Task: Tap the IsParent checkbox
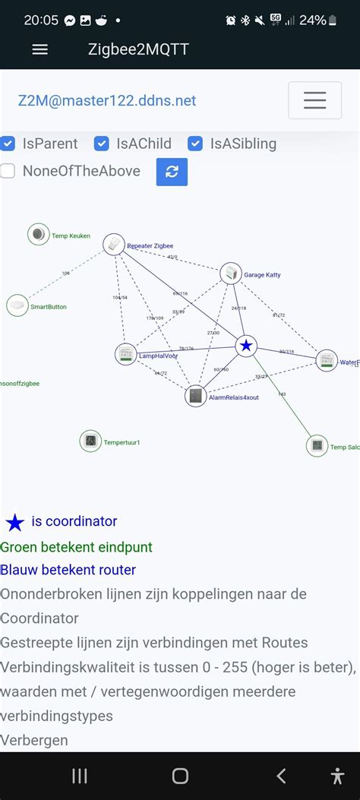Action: (x=8, y=144)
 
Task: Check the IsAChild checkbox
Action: (x=102, y=144)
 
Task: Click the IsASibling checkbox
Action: (x=195, y=144)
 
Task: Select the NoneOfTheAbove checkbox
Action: (x=8, y=171)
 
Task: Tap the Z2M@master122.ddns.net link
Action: (x=107, y=100)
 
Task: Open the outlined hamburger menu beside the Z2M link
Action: (x=314, y=100)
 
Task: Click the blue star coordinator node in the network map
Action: (x=246, y=346)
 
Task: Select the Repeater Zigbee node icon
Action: (x=114, y=244)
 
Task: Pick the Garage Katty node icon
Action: (x=231, y=274)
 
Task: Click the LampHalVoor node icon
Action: (x=125, y=354)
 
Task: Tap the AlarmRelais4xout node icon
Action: (x=196, y=396)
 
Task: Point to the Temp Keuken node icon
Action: (x=38, y=235)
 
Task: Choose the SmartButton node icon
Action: (x=17, y=305)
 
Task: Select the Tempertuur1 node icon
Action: (x=90, y=441)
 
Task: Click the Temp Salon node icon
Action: (x=317, y=446)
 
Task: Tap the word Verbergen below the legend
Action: (x=34, y=740)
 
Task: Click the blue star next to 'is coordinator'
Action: (x=15, y=523)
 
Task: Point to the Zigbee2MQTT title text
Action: (x=138, y=49)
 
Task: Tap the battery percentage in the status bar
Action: (x=312, y=21)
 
